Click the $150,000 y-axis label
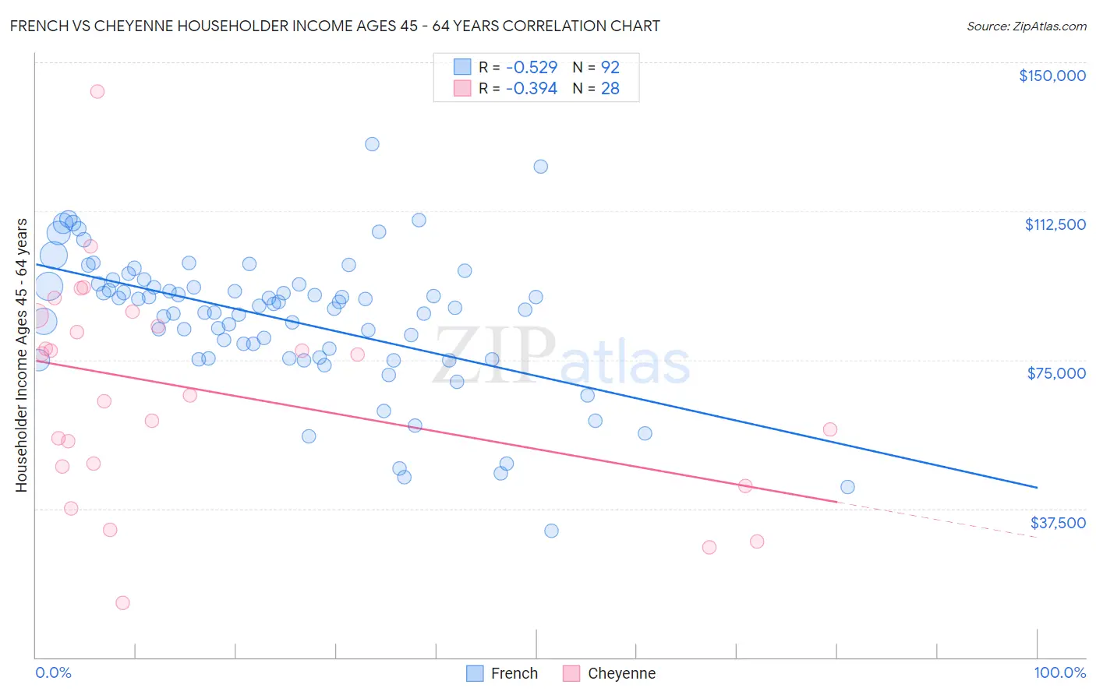click(1052, 76)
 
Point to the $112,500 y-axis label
click(1055, 224)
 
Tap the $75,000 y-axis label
click(1056, 373)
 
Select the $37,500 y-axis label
click(1057, 523)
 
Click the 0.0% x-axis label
click(53, 672)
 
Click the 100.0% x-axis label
click(1059, 672)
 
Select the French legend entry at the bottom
click(502, 673)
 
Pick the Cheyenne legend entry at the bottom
click(609, 673)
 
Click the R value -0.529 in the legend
click(531, 67)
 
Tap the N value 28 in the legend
click(610, 89)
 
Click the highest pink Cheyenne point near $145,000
click(97, 91)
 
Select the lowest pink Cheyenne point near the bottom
click(122, 602)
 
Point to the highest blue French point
click(372, 144)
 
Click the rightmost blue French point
click(847, 487)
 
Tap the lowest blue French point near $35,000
click(551, 531)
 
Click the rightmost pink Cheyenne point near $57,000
click(830, 429)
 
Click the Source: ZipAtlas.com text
click(1026, 26)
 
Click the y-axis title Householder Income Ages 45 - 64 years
click(21, 355)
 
